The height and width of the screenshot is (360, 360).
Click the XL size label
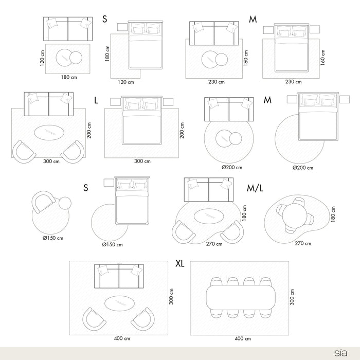179,264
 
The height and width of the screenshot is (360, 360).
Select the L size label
96,100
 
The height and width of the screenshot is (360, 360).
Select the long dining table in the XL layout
240,297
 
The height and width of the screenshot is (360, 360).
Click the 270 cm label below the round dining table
302,243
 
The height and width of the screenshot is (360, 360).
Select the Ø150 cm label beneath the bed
112,244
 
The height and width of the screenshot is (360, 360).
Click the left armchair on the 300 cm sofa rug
24,152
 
